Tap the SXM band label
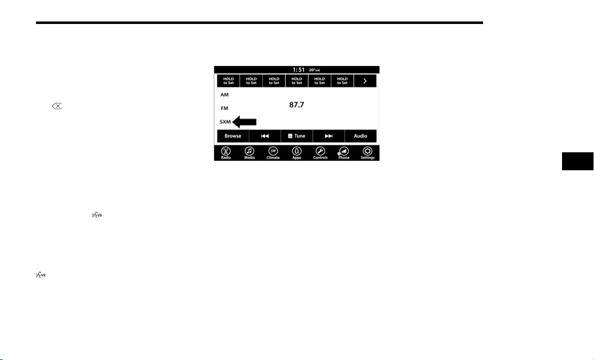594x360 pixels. tap(225, 122)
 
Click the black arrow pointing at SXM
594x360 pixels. tap(244, 122)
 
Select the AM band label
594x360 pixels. tap(225, 95)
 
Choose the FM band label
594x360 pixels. tap(225, 108)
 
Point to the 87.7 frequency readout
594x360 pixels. tap(297, 105)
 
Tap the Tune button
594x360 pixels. tap(297, 136)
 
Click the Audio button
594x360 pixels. tap(360, 136)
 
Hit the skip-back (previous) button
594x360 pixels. tap(265, 136)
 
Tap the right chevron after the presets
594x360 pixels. tap(365, 80)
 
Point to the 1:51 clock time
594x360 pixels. tap(299, 69)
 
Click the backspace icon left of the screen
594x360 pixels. tap(57, 106)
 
